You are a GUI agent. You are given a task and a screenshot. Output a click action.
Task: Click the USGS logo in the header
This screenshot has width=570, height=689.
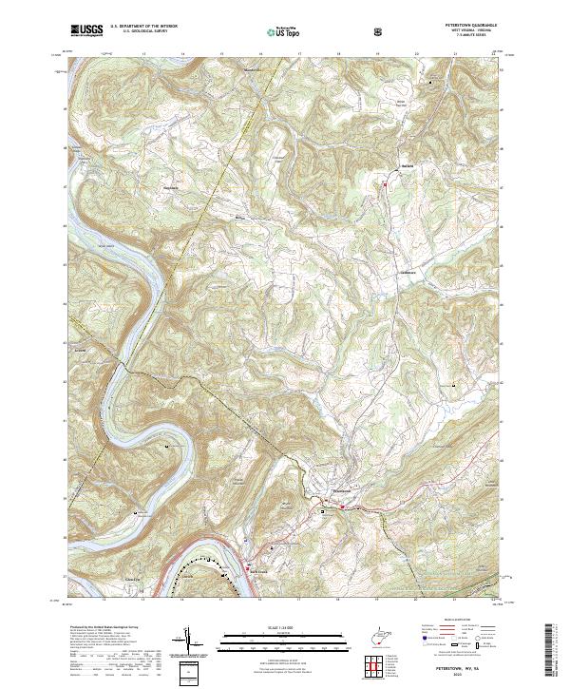tap(86, 30)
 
